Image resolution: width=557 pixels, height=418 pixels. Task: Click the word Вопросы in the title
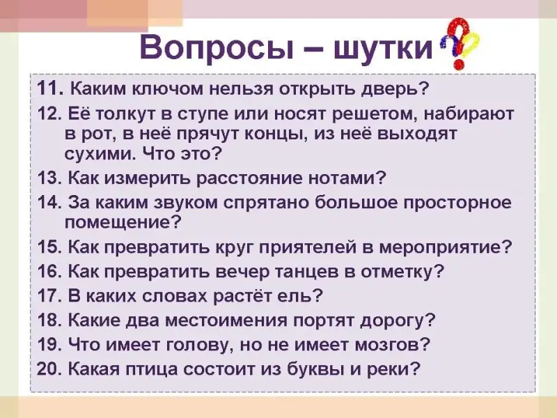point(217,48)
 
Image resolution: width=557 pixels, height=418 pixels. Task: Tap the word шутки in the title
point(384,48)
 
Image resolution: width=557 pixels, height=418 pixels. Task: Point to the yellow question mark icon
point(471,45)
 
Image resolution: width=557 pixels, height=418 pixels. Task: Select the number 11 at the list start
point(50,88)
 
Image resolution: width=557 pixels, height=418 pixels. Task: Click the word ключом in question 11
point(167,89)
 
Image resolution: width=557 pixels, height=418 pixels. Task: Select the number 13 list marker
point(49,178)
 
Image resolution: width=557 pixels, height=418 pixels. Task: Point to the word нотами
point(347,178)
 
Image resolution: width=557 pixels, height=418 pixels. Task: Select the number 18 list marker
point(49,320)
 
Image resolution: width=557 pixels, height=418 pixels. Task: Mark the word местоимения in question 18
point(227,320)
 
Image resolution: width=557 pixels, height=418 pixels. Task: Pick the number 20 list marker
point(49,369)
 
